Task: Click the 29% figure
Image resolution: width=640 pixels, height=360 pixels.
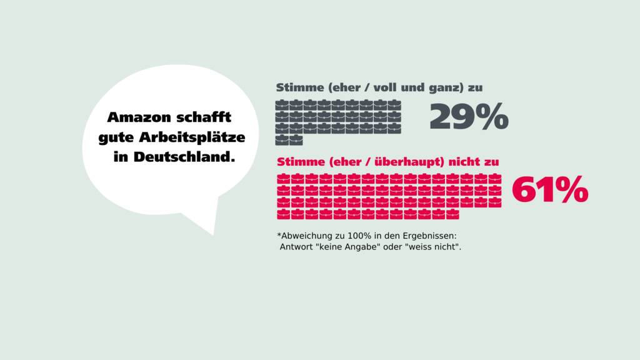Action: click(469, 117)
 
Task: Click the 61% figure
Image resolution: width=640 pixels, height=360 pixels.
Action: click(550, 190)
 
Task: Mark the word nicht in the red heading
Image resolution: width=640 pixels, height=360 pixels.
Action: click(464, 162)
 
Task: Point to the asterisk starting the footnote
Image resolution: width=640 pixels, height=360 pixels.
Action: click(279, 236)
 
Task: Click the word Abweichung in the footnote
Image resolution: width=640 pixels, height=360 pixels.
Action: click(307, 236)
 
